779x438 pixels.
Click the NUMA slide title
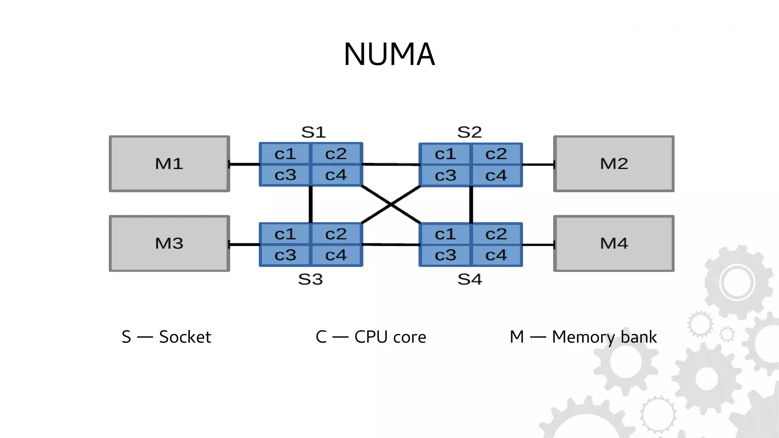(389, 54)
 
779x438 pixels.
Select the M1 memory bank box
(169, 164)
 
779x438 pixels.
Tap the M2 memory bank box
(614, 164)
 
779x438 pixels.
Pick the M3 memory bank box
(169, 243)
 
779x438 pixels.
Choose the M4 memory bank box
(614, 243)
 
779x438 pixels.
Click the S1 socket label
(313, 133)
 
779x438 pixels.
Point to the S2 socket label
(469, 133)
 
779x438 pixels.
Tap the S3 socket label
(310, 280)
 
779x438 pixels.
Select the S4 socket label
(470, 280)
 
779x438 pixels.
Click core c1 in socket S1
(285, 154)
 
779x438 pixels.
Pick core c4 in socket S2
(496, 176)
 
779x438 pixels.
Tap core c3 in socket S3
(285, 255)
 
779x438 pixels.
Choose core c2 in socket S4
(496, 234)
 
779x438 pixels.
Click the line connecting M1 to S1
(245, 165)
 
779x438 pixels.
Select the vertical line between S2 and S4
(471, 205)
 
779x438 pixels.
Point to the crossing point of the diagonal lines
(391, 205)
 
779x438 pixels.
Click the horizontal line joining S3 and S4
(391, 245)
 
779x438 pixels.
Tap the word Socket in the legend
(185, 337)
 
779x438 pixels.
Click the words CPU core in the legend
(390, 337)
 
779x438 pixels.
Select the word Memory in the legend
(583, 337)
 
